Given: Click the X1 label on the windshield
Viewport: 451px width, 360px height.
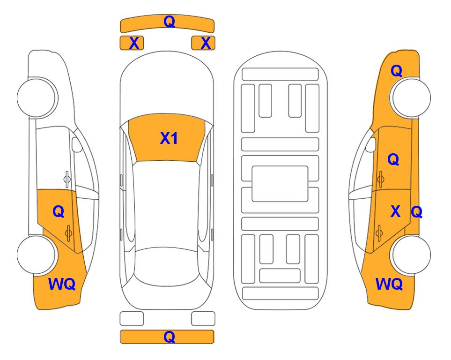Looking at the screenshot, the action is click(x=169, y=138).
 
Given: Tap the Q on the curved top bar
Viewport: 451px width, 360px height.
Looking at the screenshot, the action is click(x=169, y=21).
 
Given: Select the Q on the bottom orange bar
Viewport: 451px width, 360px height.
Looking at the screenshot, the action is click(x=169, y=337).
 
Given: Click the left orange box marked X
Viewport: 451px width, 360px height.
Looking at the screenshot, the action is click(x=132, y=43).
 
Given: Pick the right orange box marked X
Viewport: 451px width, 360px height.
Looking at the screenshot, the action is click(x=203, y=43).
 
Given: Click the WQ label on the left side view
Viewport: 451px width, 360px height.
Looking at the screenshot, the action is click(x=62, y=284).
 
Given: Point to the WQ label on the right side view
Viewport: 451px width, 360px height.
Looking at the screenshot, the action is click(x=389, y=284).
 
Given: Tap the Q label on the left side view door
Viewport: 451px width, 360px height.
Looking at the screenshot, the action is click(x=59, y=212).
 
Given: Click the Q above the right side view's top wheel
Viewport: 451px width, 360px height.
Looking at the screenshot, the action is click(x=396, y=71).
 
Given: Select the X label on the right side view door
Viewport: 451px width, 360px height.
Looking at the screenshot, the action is click(x=395, y=211).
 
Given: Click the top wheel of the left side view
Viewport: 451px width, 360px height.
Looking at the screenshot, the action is click(x=37, y=98).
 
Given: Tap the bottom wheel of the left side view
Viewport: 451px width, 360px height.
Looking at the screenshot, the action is click(x=37, y=255).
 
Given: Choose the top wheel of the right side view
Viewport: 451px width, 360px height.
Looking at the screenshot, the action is click(x=411, y=98).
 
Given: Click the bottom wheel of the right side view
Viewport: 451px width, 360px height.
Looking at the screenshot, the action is click(x=411, y=255).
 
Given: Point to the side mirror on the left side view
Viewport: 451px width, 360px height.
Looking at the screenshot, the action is click(x=76, y=144).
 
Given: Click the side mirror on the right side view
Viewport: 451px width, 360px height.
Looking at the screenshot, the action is click(x=371, y=144).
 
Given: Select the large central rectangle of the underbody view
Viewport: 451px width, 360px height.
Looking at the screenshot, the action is click(x=280, y=184).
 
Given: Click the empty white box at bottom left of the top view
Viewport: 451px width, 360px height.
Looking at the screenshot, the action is click(x=132, y=319).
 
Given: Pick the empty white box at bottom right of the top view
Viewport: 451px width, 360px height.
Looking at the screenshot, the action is click(x=203, y=319).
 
